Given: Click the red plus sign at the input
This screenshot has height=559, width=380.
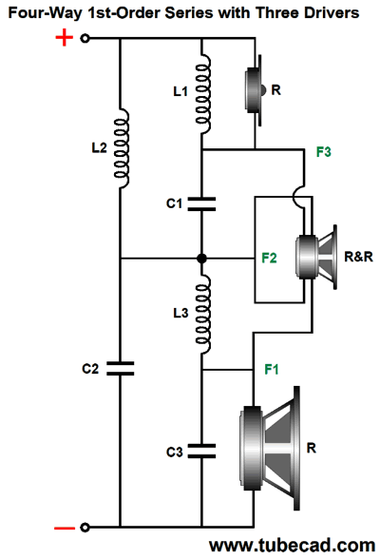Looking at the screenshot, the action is pyautogui.click(x=64, y=37).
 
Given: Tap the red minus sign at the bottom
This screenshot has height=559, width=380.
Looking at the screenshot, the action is pyautogui.click(x=65, y=528).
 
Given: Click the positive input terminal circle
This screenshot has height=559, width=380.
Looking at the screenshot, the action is pyautogui.click(x=85, y=38).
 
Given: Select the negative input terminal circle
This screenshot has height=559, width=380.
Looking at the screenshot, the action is pyautogui.click(x=85, y=528).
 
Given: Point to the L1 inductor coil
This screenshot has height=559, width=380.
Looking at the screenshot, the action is pyautogui.click(x=202, y=94).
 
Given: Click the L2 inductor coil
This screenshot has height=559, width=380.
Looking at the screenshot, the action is pyautogui.click(x=121, y=148).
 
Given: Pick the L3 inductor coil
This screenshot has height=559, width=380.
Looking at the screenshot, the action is pyautogui.click(x=202, y=314).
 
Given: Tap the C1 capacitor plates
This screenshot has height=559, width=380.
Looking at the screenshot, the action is pyautogui.click(x=201, y=203).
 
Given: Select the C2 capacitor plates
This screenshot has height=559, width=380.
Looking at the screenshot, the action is pyautogui.click(x=121, y=369).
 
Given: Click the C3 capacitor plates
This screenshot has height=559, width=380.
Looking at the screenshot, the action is pyautogui.click(x=201, y=451).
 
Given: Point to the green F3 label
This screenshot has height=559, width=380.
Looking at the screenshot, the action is pyautogui.click(x=323, y=152).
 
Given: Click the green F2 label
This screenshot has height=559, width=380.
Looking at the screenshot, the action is pyautogui.click(x=269, y=258).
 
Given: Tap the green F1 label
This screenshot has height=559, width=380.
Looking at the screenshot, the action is pyautogui.click(x=272, y=369).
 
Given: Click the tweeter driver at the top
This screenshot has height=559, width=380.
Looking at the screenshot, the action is pyautogui.click(x=255, y=90).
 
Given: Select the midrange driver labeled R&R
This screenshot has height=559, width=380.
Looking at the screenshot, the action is pyautogui.click(x=316, y=257).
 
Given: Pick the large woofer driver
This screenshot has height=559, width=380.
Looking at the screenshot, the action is pyautogui.click(x=270, y=448).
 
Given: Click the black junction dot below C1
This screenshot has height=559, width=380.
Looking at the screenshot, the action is pyautogui.click(x=201, y=259).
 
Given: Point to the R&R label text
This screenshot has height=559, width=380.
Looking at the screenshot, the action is pyautogui.click(x=358, y=257).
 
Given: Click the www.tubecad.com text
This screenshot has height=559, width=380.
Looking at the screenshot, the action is pyautogui.click(x=292, y=546).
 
